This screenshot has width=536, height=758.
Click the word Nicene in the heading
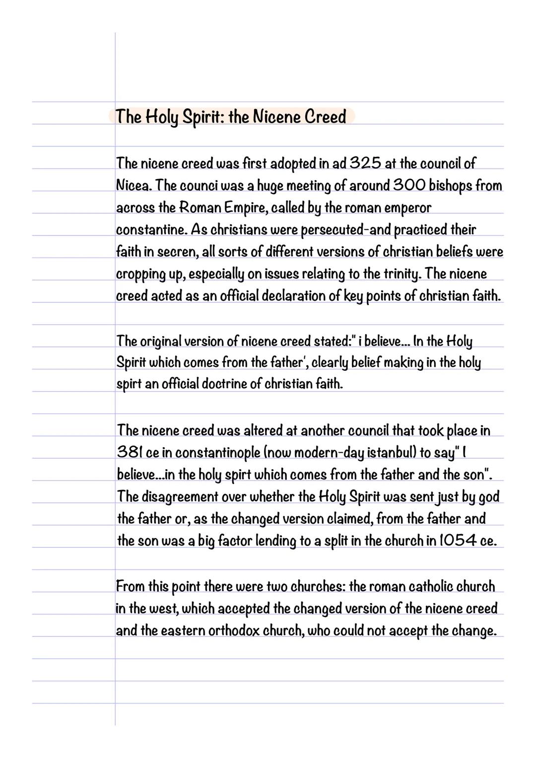[275, 117]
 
